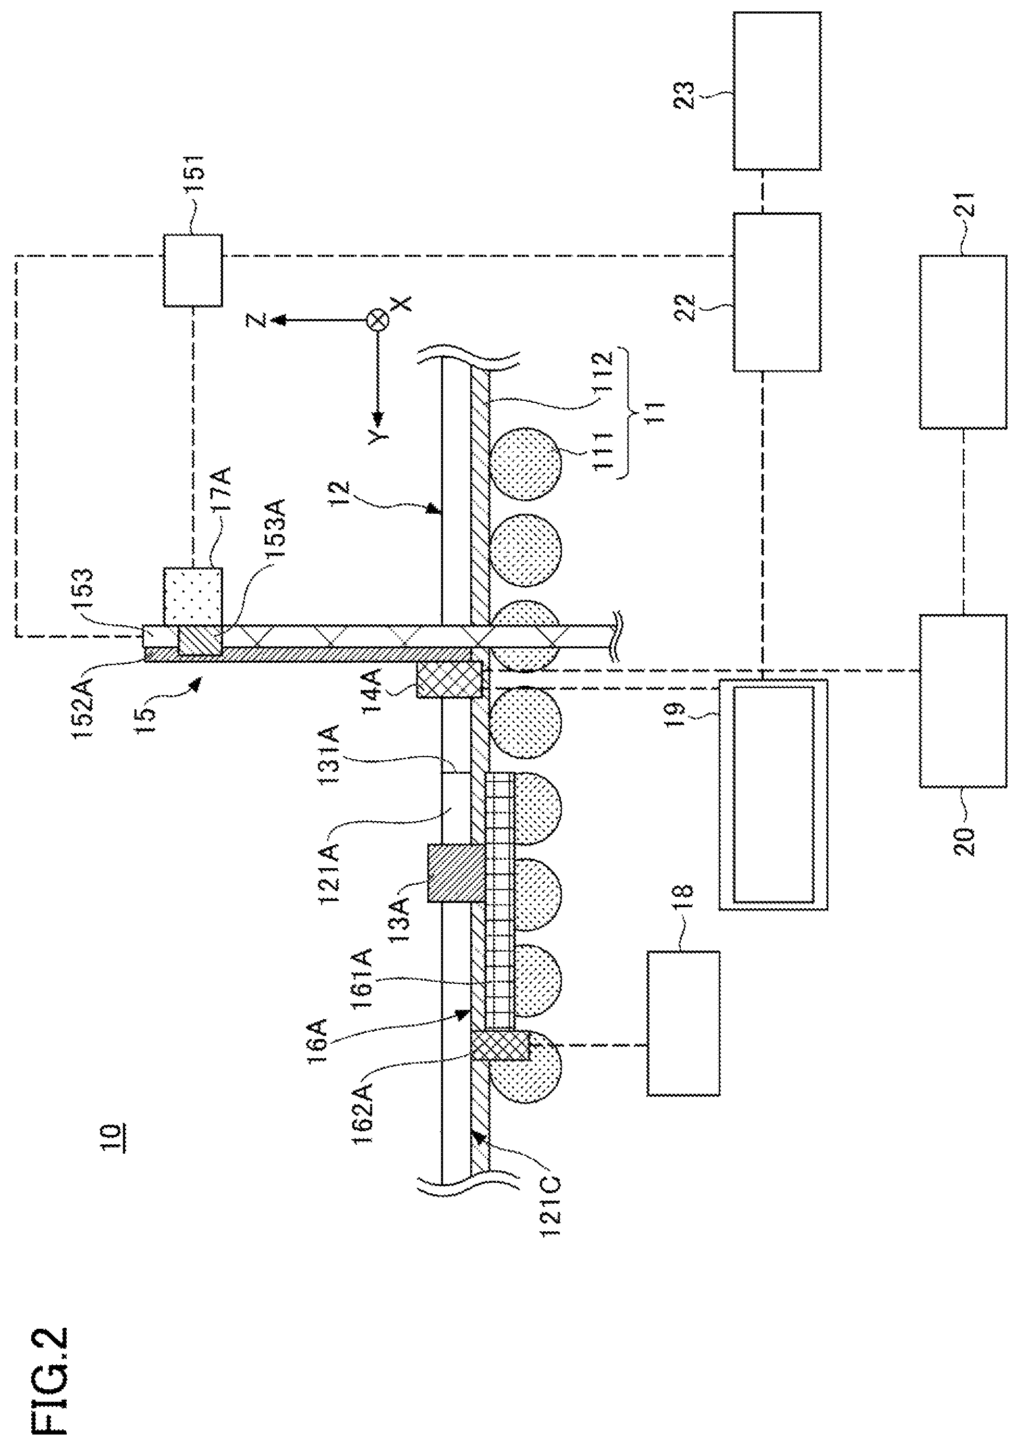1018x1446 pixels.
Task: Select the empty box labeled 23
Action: [777, 91]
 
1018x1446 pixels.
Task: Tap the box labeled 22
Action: [777, 292]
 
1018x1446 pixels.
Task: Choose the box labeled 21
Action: [963, 342]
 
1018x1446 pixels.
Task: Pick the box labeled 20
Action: [963, 701]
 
